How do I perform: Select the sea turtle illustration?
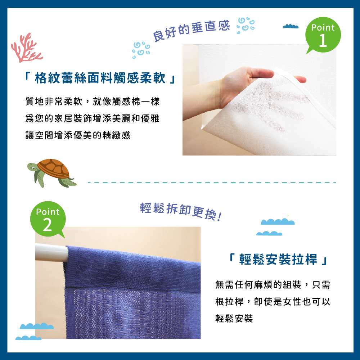point(52,172)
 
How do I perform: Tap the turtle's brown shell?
point(54,167)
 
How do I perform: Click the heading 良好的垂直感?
point(191,31)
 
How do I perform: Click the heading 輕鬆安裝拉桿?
point(278,260)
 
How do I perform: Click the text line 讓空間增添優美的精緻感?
point(78,135)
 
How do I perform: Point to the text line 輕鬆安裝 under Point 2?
point(234,318)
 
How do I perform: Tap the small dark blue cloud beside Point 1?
point(291,26)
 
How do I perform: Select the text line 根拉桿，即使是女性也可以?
point(273,302)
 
